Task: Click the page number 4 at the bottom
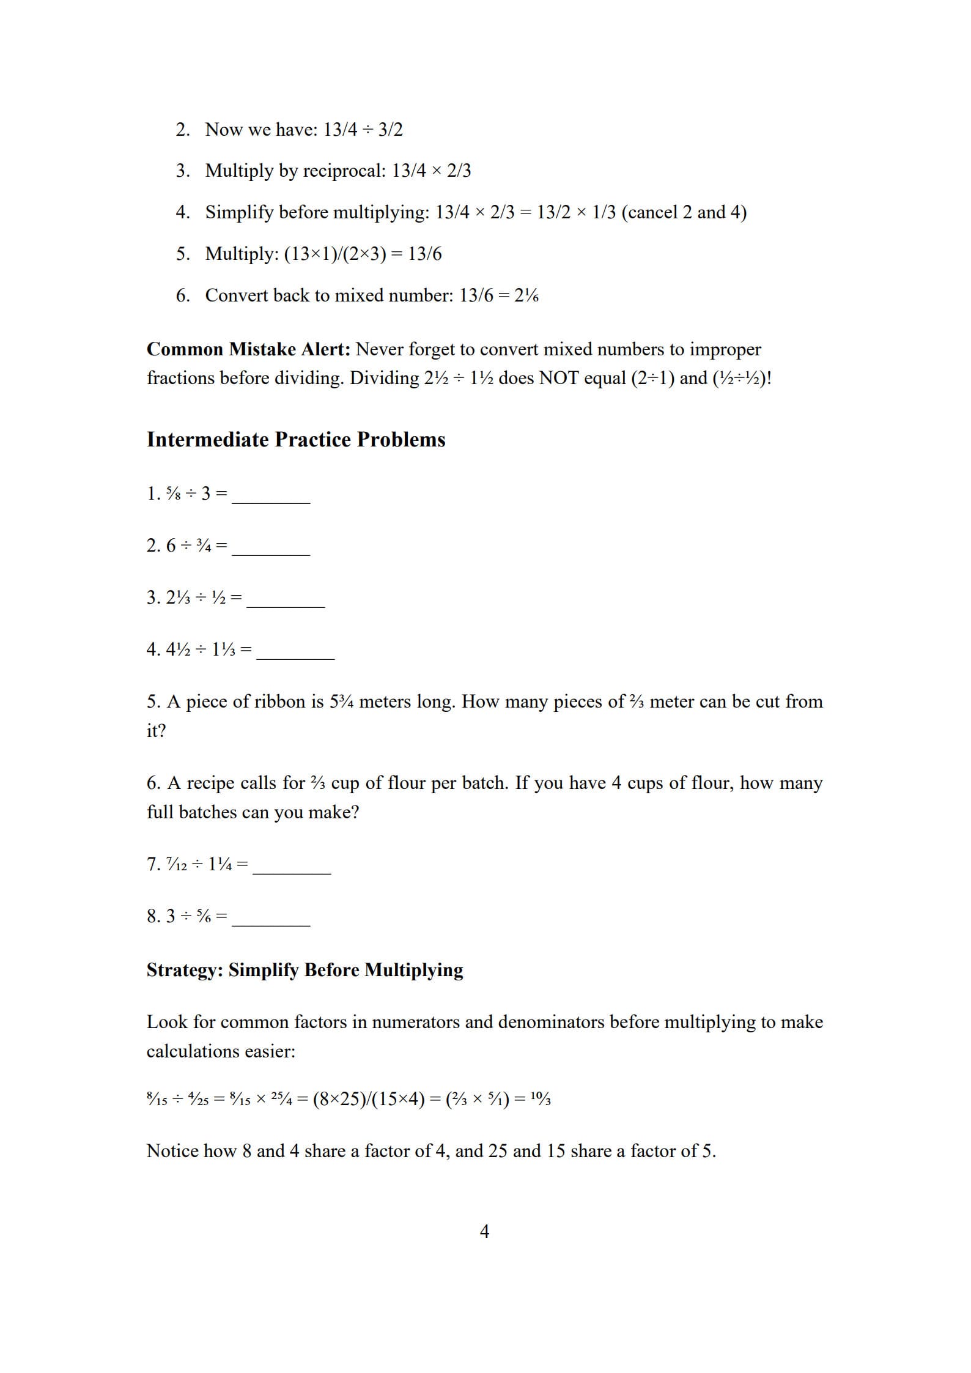pyautogui.click(x=484, y=1231)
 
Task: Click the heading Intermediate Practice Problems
pyautogui.click(x=296, y=440)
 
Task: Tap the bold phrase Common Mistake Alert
pyautogui.click(x=248, y=349)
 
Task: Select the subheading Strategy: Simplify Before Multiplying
pyautogui.click(x=305, y=970)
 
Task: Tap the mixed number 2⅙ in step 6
pyautogui.click(x=526, y=296)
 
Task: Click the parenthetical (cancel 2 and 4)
pyautogui.click(x=684, y=212)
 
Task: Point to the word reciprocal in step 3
pyautogui.click(x=344, y=171)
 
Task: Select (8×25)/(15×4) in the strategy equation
pyautogui.click(x=369, y=1099)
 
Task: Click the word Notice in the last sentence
pyautogui.click(x=172, y=1151)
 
